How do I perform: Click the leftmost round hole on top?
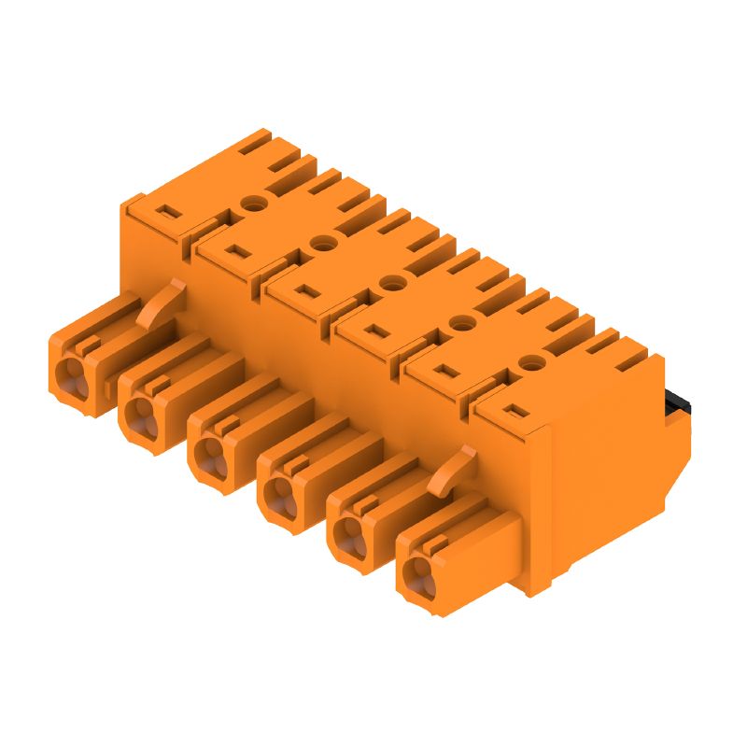[x=251, y=203]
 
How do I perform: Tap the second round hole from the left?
[x=321, y=243]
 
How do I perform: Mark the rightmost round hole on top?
[x=530, y=361]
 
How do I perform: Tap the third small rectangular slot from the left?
[x=304, y=290]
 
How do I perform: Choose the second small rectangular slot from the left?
[x=234, y=251]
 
